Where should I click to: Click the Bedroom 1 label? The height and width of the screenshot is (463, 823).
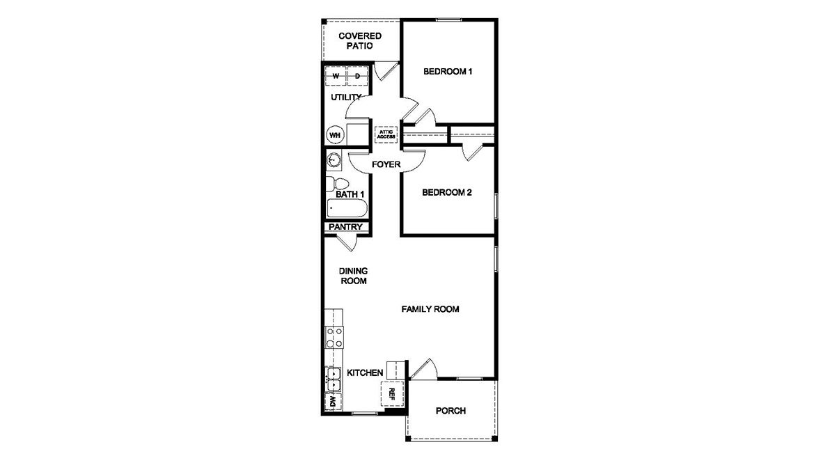click(448, 72)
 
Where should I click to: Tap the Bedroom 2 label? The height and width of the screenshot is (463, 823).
click(448, 193)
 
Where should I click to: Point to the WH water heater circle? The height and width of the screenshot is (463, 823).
click(335, 134)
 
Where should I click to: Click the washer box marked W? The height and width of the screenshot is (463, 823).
click(336, 76)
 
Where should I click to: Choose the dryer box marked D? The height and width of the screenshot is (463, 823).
click(357, 76)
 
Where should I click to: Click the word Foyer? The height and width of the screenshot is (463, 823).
click(386, 165)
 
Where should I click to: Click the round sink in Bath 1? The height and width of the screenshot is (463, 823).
click(334, 161)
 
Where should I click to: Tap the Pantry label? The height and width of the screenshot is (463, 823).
click(345, 227)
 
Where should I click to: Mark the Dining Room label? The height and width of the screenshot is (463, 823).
click(353, 276)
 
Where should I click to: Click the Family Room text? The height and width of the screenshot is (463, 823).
click(430, 309)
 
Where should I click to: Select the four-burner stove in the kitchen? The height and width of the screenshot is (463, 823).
click(334, 338)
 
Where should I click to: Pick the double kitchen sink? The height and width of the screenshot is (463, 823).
click(334, 379)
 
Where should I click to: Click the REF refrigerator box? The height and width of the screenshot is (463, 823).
click(391, 393)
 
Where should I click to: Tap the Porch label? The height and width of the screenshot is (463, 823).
click(450, 411)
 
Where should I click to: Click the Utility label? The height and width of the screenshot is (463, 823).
click(346, 97)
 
